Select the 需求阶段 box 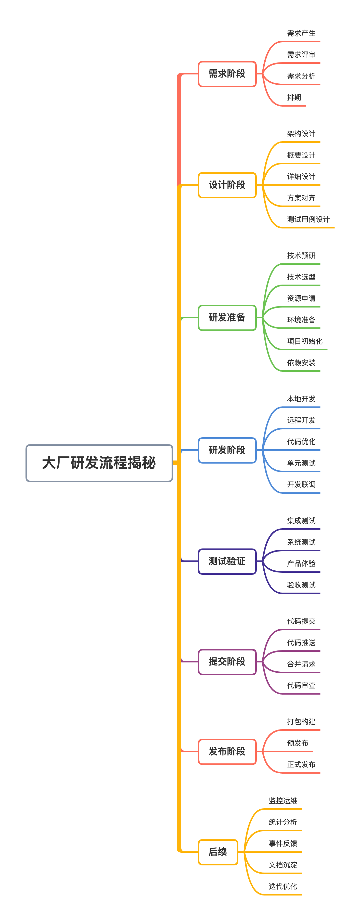click(227, 74)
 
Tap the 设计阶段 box click(227, 185)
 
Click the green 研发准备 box click(227, 317)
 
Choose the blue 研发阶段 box click(227, 450)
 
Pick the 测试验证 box click(227, 561)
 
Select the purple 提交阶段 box click(227, 661)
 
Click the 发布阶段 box click(227, 751)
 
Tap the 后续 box click(218, 852)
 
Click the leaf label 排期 click(294, 98)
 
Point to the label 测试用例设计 click(308, 219)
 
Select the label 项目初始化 click(305, 341)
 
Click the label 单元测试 click(301, 463)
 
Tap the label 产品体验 click(301, 564)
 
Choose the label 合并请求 click(301, 664)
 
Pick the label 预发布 click(298, 743)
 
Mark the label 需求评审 click(301, 55)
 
